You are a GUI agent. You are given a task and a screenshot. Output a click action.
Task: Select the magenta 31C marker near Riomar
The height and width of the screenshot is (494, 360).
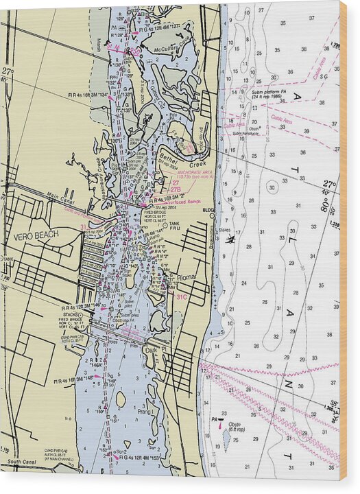(181, 297)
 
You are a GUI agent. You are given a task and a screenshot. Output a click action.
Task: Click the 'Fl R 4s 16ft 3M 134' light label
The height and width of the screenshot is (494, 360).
(88, 94)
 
